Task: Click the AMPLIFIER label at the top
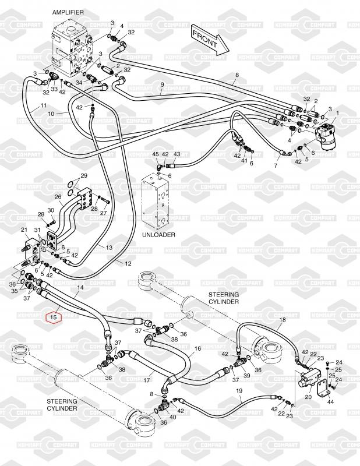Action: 68,12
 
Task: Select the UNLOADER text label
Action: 159,234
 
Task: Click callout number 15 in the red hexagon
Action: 54,317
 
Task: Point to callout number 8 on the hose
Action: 237,75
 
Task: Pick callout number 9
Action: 161,85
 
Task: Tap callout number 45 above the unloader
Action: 156,154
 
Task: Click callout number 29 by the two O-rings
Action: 84,176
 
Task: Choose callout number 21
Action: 24,230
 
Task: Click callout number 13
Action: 109,248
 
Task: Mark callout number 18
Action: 283,320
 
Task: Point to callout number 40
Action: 172,416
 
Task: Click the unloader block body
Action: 157,203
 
